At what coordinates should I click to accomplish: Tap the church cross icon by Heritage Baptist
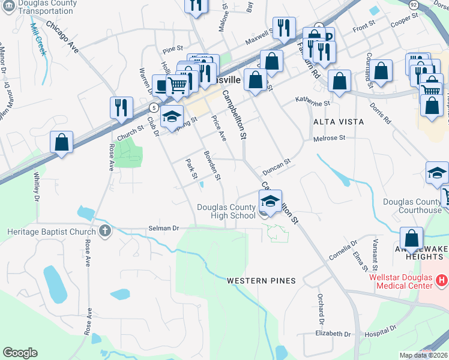click(x=104, y=231)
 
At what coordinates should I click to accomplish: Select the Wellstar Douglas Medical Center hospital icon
click(x=442, y=280)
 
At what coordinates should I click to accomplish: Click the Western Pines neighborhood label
click(x=262, y=281)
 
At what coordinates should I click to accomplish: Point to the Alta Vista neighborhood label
click(x=339, y=121)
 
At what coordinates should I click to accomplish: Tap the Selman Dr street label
click(x=164, y=229)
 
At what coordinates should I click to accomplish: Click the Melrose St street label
click(x=330, y=138)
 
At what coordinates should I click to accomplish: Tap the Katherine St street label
click(x=313, y=103)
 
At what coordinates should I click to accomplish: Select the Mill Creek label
click(x=37, y=37)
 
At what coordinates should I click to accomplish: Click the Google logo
click(x=20, y=353)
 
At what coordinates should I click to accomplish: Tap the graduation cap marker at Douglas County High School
click(x=270, y=201)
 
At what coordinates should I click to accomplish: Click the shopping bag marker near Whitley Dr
click(x=61, y=142)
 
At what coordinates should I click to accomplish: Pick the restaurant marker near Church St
click(x=122, y=108)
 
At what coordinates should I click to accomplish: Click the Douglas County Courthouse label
click(x=412, y=206)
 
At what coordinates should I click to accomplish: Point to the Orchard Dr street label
click(x=321, y=306)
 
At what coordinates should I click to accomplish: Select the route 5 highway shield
click(x=154, y=107)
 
